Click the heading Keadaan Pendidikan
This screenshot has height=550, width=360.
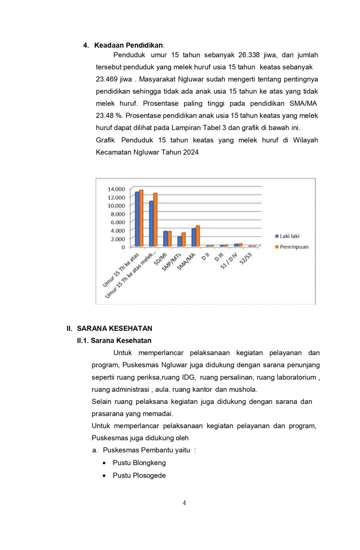pyautogui.click(x=129, y=45)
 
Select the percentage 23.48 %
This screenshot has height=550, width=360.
pyautogui.click(x=109, y=116)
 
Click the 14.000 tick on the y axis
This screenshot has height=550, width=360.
pyautogui.click(x=116, y=189)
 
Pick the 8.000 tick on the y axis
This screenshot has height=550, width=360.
pyautogui.click(x=118, y=214)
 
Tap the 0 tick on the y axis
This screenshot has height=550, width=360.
pyautogui.click(x=123, y=247)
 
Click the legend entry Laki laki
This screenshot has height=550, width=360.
pyautogui.click(x=289, y=236)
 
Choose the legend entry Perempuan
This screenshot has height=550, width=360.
pyautogui.click(x=294, y=247)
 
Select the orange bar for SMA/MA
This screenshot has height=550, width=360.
pyautogui.click(x=198, y=236)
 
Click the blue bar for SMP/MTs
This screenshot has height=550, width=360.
pyautogui.click(x=179, y=241)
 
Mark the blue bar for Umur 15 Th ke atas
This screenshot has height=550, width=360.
pyautogui.click(x=137, y=219)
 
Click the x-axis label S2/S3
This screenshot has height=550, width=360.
pyautogui.click(x=246, y=259)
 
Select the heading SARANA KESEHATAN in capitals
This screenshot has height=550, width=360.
pyautogui.click(x=114, y=328)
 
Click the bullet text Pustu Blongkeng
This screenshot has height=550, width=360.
pyautogui.click(x=139, y=463)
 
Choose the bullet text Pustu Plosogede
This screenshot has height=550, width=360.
pyautogui.click(x=139, y=476)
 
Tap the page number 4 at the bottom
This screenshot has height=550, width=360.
pyautogui.click(x=184, y=503)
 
